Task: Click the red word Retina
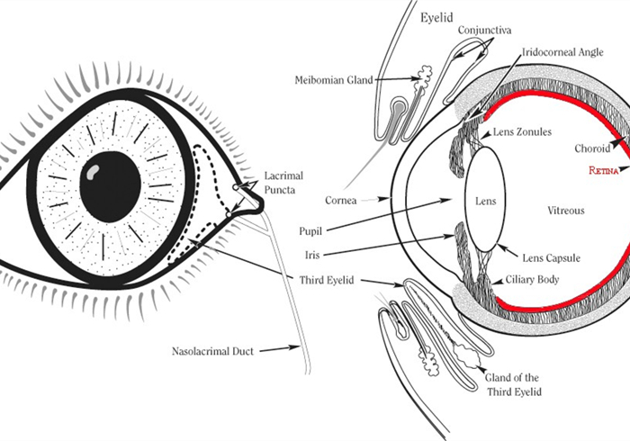(603, 170)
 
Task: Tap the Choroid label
(594, 148)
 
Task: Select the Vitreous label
(566, 211)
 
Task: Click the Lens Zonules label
(521, 131)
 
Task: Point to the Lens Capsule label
(540, 258)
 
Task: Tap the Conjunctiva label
(484, 31)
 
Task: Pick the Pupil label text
(310, 231)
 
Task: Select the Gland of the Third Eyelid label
(516, 383)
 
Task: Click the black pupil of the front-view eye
(111, 186)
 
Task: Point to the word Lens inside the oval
(485, 201)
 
